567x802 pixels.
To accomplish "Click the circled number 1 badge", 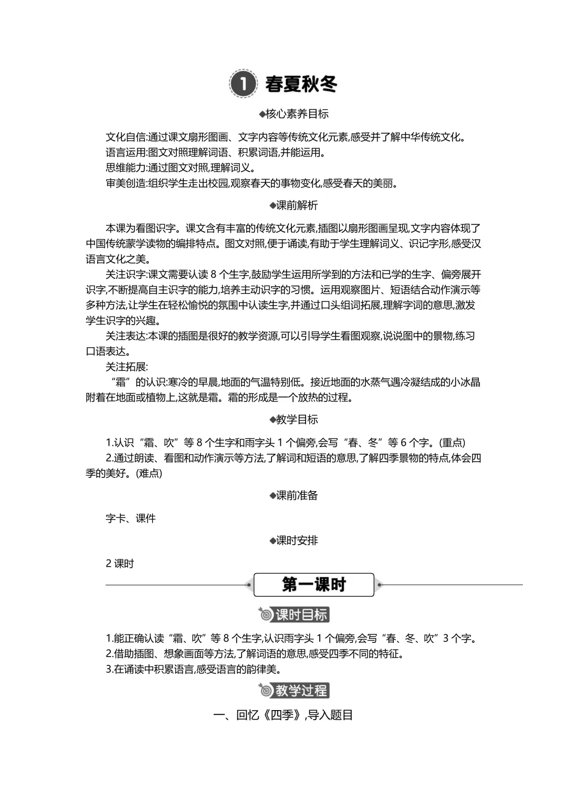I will (x=243, y=84).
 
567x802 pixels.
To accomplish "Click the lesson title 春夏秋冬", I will (x=301, y=84).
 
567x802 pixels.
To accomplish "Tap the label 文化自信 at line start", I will (x=125, y=137).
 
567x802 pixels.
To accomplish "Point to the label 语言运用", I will (x=125, y=153).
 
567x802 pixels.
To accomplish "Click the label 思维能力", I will (x=125, y=168).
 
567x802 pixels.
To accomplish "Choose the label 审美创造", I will (x=125, y=183).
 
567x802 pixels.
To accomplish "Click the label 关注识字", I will (x=125, y=275).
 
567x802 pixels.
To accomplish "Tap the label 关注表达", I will (x=125, y=336).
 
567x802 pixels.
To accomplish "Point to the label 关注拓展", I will (x=125, y=367).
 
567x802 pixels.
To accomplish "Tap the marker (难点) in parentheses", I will (x=149, y=473).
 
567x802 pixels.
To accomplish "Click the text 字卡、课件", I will (x=131, y=518).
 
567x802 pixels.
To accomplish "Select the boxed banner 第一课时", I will (x=314, y=585).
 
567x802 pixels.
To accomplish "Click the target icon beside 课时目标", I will (x=266, y=614).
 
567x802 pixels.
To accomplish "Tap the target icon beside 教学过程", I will (x=266, y=690).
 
